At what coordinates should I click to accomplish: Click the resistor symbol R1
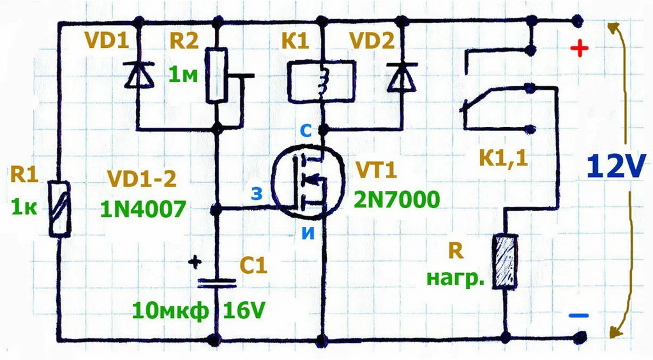(60, 209)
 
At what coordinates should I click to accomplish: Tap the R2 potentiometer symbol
(218, 75)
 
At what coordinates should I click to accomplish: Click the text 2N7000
(396, 200)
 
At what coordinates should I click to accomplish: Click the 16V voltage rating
(243, 311)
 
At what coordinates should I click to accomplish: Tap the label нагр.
(454, 280)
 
